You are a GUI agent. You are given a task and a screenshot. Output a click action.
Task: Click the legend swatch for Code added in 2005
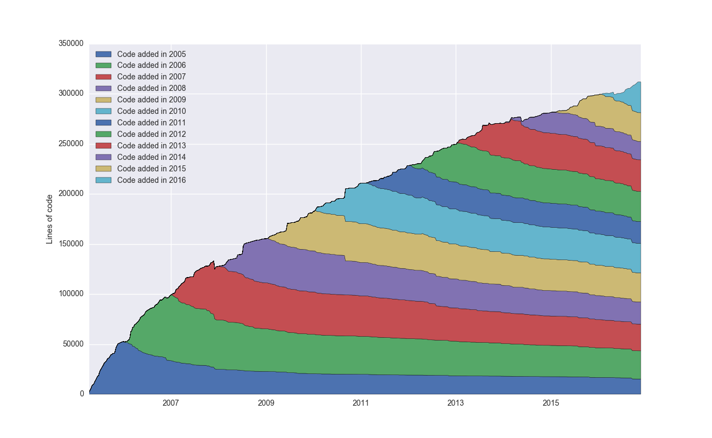click(x=104, y=54)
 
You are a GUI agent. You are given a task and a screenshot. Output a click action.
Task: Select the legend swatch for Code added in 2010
click(x=104, y=111)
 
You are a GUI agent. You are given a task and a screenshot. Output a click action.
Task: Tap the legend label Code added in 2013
click(x=151, y=146)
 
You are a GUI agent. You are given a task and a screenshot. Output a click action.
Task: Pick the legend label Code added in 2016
click(x=151, y=180)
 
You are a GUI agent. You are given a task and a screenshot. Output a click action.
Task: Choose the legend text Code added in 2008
click(x=151, y=88)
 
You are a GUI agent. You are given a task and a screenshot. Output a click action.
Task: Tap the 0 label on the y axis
click(x=82, y=394)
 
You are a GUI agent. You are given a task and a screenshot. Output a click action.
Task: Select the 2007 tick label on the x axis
click(x=171, y=403)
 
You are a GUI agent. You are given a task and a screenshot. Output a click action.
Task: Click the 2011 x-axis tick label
click(x=361, y=403)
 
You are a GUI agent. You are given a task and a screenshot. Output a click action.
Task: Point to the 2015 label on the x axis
click(x=551, y=403)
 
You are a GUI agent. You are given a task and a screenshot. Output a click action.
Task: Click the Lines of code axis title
click(x=49, y=219)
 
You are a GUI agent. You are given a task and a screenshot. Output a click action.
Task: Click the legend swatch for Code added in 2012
click(x=104, y=134)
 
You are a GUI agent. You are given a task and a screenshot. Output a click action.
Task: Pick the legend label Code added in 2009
click(x=151, y=100)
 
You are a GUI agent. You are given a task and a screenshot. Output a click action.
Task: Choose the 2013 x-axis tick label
click(x=456, y=403)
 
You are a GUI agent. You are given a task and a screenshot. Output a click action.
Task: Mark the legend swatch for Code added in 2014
click(x=104, y=157)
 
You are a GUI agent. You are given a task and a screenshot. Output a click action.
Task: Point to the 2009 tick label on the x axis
click(x=266, y=403)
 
